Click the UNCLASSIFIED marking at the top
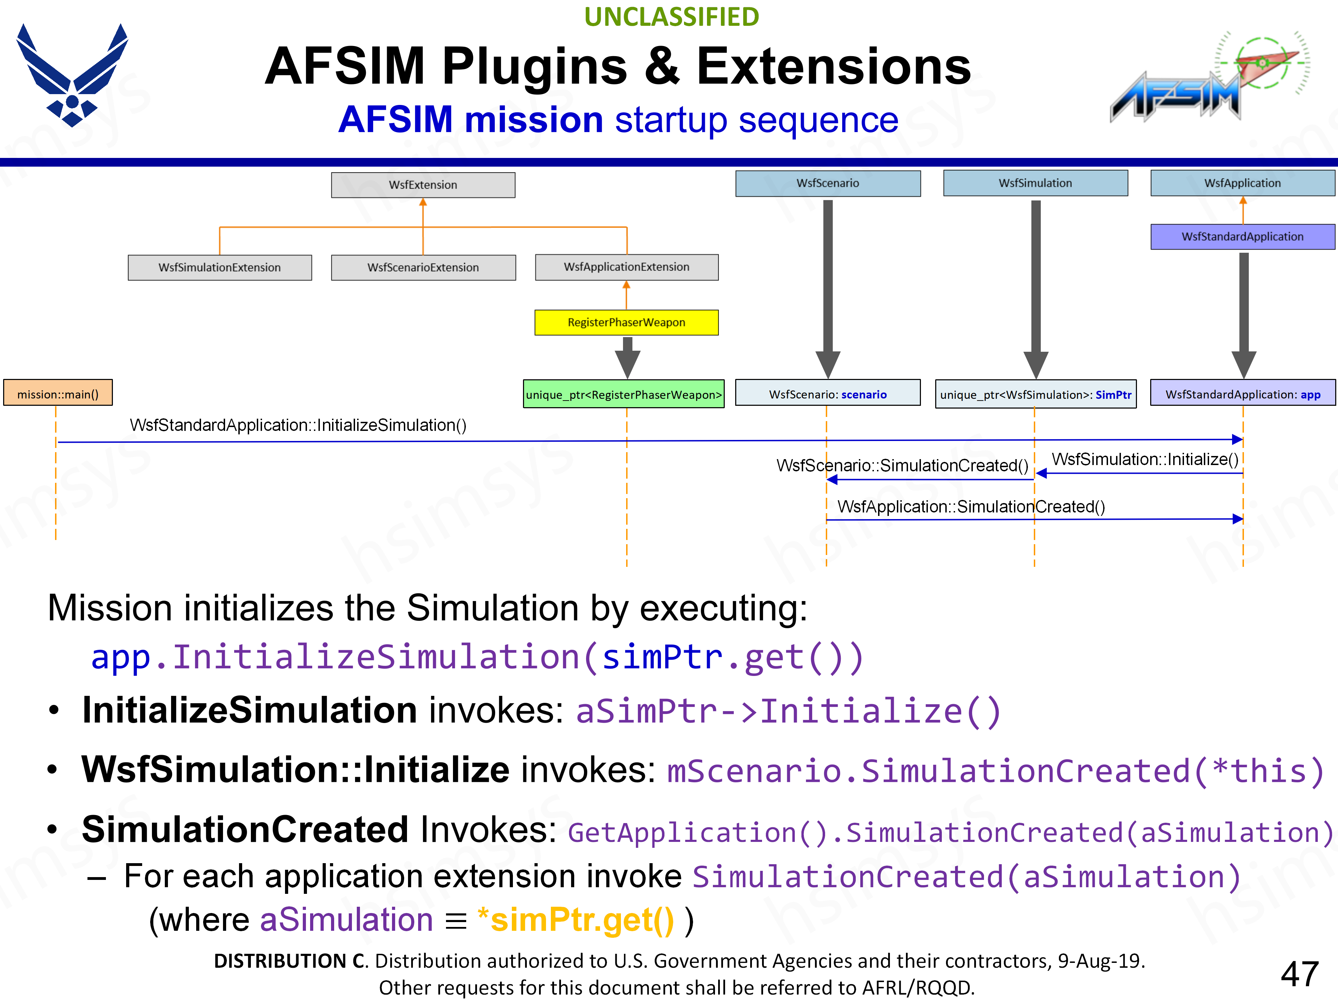tap(671, 17)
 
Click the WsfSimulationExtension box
tap(220, 267)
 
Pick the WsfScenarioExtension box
tap(423, 267)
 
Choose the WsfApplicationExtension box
tap(626, 267)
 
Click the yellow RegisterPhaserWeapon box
tap(626, 322)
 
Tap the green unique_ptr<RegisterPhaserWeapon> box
tap(624, 395)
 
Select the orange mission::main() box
tap(58, 394)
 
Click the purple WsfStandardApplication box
tap(1243, 237)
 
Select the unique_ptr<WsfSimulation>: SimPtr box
tap(1036, 395)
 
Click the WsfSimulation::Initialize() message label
tap(1144, 459)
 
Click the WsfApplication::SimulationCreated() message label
tap(971, 507)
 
